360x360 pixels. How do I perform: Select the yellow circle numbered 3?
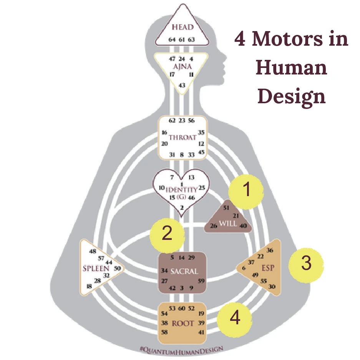coord(306,264)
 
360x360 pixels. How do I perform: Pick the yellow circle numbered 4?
coord(234,318)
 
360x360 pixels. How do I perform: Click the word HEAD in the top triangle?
coord(182,27)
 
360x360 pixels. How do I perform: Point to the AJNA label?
coord(182,66)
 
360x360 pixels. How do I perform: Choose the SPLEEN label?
coord(96,268)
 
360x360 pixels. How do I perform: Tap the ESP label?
coord(268,268)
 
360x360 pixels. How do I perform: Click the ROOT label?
coord(182,324)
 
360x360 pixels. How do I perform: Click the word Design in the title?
coord(292,96)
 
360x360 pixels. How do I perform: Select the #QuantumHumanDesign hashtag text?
coord(182,349)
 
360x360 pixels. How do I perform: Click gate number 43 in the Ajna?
coord(182,85)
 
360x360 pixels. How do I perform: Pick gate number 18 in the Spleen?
coord(89,286)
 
